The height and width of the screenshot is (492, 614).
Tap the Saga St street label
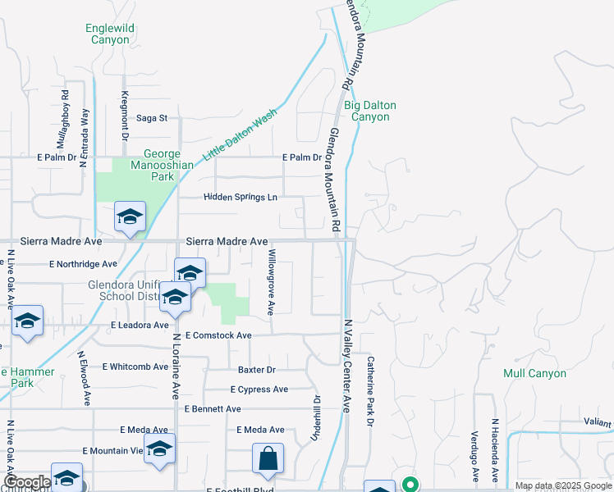(151, 118)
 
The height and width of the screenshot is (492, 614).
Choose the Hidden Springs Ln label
(240, 198)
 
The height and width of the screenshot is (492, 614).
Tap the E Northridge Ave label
(83, 264)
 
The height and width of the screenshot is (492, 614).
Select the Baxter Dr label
(257, 370)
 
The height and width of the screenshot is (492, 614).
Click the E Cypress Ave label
(259, 389)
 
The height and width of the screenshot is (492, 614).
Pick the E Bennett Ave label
(213, 408)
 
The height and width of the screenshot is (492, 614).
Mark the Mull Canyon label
(534, 373)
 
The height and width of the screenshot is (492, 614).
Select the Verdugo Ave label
(474, 455)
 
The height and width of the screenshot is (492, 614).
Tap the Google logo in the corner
(27, 482)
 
